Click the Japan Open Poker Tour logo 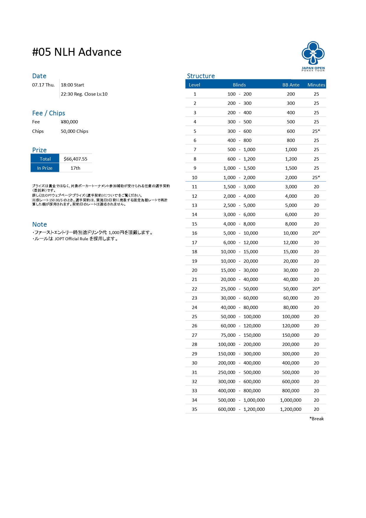pyautogui.click(x=313, y=56)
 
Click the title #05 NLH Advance pyautogui.click(x=77, y=52)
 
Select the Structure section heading pyautogui.click(x=201, y=76)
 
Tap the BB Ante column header pyautogui.click(x=291, y=85)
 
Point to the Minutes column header pyautogui.click(x=316, y=85)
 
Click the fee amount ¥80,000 pyautogui.click(x=69, y=122)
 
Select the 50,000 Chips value pyautogui.click(x=74, y=131)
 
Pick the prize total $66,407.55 pyautogui.click(x=76, y=159)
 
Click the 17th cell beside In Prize pyautogui.click(x=75, y=168)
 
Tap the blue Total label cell pyautogui.click(x=45, y=159)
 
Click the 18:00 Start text pyautogui.click(x=72, y=85)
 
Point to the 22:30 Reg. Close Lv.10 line pyautogui.click(x=84, y=94)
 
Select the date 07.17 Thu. pyautogui.click(x=43, y=85)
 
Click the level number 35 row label pyautogui.click(x=195, y=409)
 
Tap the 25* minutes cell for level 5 pyautogui.click(x=316, y=131)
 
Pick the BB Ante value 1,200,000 pyautogui.click(x=291, y=409)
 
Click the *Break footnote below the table pyautogui.click(x=316, y=419)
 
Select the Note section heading pyautogui.click(x=40, y=224)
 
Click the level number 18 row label pyautogui.click(x=195, y=251)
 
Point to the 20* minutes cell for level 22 pyautogui.click(x=316, y=289)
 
